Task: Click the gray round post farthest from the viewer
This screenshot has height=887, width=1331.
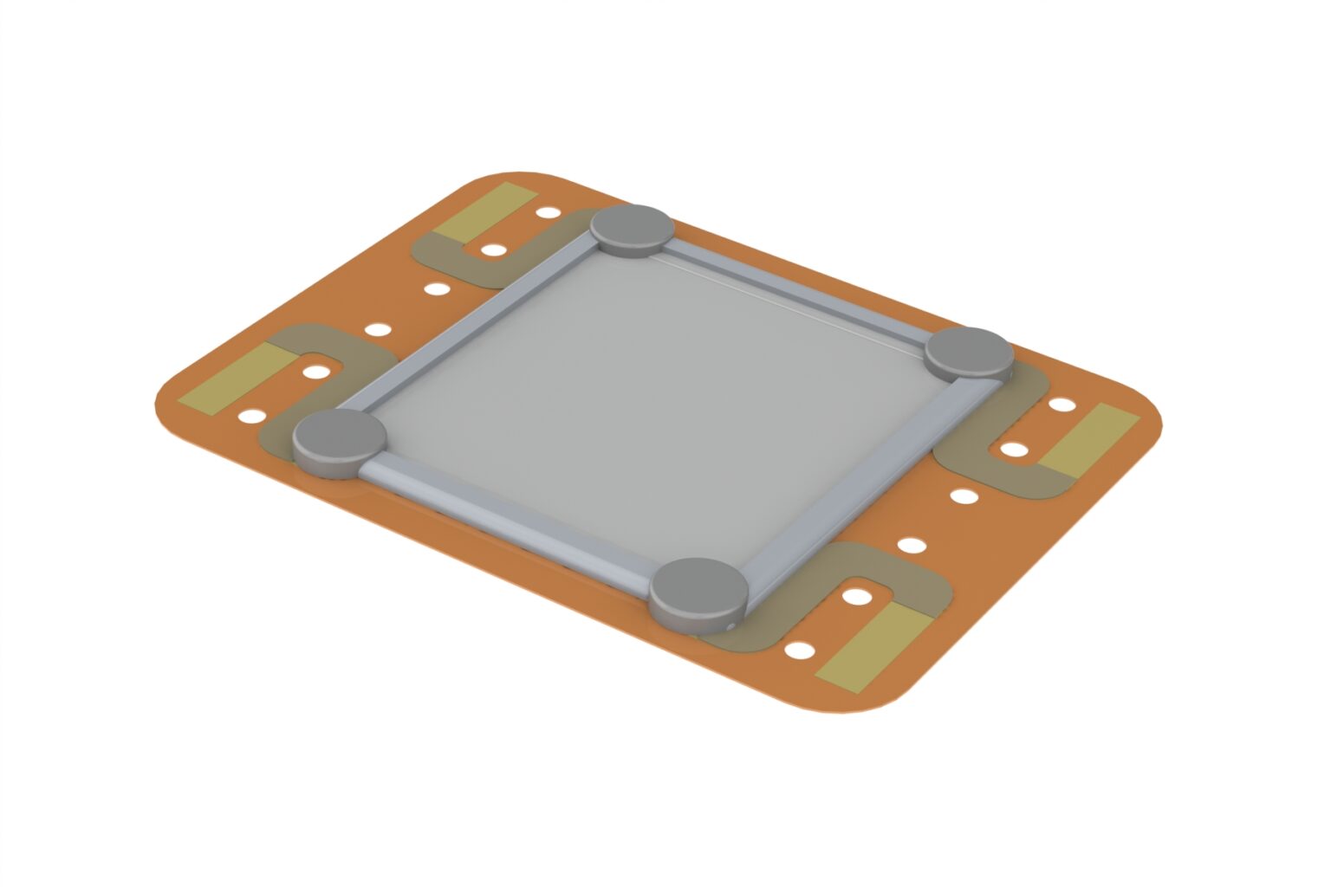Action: tap(633, 228)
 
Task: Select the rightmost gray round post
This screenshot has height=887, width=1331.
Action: tap(969, 352)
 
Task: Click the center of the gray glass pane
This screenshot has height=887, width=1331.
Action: tap(650, 407)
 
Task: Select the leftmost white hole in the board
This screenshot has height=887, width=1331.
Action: tap(251, 416)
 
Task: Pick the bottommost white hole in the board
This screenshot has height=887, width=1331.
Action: tap(799, 650)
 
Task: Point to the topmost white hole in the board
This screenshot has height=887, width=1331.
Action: tap(548, 211)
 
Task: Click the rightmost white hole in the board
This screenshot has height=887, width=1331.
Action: tap(1062, 404)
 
